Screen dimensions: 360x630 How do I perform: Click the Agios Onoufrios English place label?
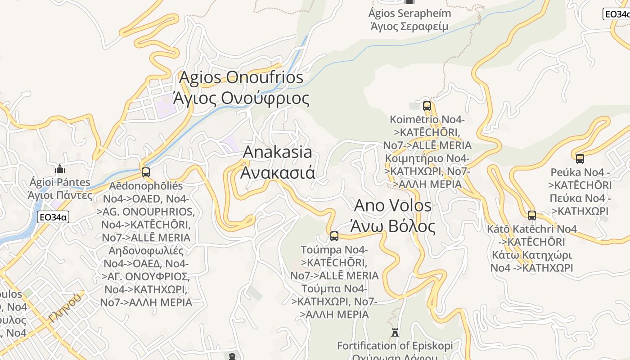tap(241, 77)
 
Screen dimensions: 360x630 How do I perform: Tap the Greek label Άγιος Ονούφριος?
tap(241, 98)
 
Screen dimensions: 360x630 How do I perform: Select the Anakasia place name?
tap(277, 152)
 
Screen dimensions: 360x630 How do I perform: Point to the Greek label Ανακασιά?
tap(277, 173)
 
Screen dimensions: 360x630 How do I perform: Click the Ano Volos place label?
tap(393, 206)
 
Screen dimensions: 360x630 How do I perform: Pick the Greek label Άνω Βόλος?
tap(395, 226)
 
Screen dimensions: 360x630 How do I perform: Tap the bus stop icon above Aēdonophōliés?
tap(145, 172)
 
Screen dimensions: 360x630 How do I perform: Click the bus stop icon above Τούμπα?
tap(334, 236)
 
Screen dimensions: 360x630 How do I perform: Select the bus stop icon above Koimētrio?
tap(427, 106)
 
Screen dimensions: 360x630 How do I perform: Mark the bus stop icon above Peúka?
tap(580, 158)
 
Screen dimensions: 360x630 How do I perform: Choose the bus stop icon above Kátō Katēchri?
tap(531, 215)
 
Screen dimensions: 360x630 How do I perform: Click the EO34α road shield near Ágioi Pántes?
tap(53, 217)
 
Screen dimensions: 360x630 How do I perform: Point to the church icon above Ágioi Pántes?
tap(60, 169)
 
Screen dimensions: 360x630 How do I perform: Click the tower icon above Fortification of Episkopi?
tap(395, 333)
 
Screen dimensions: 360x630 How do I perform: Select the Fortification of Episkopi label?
tap(395, 346)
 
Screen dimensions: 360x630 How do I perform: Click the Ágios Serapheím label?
tap(409, 13)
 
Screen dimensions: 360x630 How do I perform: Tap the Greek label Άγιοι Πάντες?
tap(59, 195)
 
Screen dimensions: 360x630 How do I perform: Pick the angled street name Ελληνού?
tap(66, 307)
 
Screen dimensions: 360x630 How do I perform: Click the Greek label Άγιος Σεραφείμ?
tap(409, 26)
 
